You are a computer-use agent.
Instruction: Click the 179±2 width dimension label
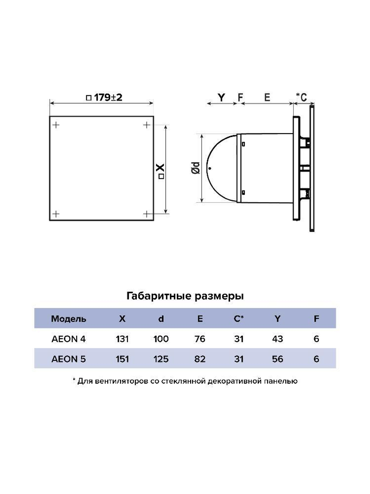[x=104, y=97]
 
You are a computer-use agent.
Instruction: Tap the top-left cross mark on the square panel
[x=56, y=125]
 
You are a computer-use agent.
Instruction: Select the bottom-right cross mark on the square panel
[x=147, y=214]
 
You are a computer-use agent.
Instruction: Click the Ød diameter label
[x=196, y=168]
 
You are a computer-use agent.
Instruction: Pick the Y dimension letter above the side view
[x=221, y=97]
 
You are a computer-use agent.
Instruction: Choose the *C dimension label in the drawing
[x=302, y=97]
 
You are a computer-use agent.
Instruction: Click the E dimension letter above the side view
[x=267, y=97]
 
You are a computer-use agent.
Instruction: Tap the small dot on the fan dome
[x=210, y=169]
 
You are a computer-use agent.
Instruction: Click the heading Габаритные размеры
[x=185, y=296]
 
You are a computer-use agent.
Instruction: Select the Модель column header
[x=68, y=319]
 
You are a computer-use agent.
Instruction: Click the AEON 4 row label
[x=68, y=339]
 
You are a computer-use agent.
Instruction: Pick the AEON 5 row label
[x=68, y=359]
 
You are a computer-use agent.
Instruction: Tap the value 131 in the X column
[x=122, y=339]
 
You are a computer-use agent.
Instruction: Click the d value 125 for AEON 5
[x=161, y=359]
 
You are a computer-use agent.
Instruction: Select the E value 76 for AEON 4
[x=200, y=339]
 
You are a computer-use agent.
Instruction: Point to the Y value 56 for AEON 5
[x=277, y=359]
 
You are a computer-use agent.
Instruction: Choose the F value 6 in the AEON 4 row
[x=316, y=339]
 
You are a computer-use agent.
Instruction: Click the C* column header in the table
[x=239, y=319]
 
